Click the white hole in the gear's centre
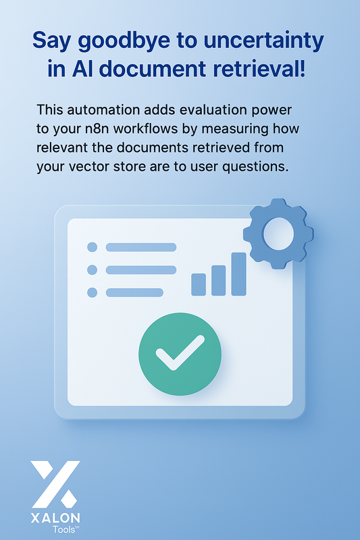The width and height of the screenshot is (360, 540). tap(278, 234)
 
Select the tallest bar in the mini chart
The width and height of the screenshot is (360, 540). tap(238, 274)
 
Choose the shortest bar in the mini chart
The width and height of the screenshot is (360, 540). tap(199, 284)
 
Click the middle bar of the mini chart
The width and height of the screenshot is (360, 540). tap(218, 280)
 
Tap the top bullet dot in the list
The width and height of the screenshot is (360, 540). tap(93, 247)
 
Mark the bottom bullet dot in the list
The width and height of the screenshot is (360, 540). tap(93, 292)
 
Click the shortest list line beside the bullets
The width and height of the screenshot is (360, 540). tap(134, 292)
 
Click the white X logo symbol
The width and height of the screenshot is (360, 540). tap(55, 483)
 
